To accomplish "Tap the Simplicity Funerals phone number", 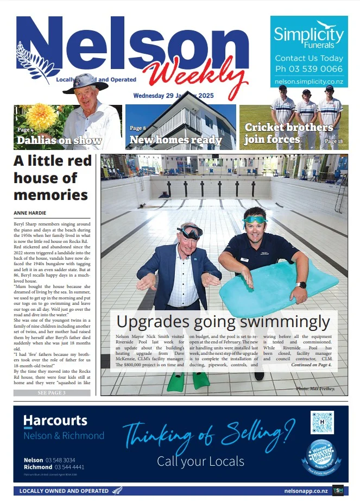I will (309, 69).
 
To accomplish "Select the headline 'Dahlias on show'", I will (59, 141).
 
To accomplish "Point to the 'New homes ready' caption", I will (175, 140).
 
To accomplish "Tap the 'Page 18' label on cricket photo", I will (333, 141).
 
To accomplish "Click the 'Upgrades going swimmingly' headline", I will (223, 322).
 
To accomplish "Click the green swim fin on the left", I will (175, 381).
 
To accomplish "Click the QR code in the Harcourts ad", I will (322, 422).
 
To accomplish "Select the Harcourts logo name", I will (55, 420).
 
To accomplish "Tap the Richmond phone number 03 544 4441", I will (69, 467).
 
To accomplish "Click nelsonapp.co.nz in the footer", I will (306, 491).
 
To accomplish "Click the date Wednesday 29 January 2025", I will (173, 96).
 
